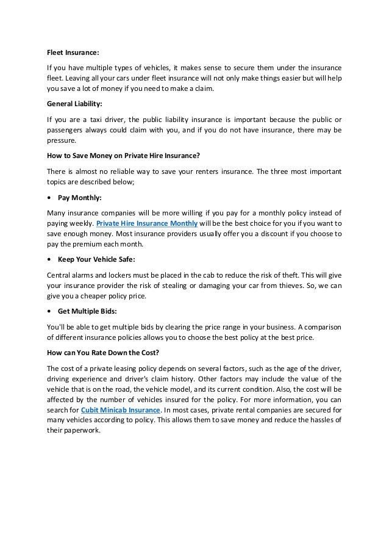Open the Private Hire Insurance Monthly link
(x=146, y=223)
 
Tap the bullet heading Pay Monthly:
(x=81, y=198)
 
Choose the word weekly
(x=80, y=223)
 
